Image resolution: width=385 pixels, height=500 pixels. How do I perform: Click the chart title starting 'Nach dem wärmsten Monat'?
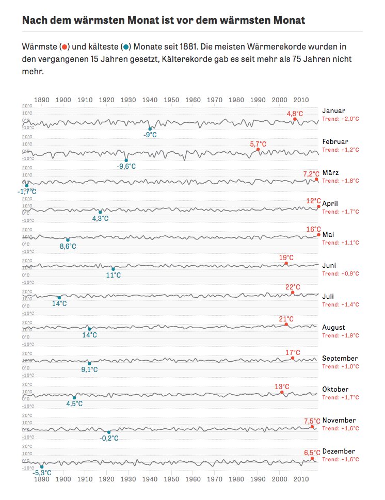164,20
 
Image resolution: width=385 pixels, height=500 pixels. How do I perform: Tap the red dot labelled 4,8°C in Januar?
295,119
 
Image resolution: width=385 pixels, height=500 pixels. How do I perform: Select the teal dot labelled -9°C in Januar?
150,129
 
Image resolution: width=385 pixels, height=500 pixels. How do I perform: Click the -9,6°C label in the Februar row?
126,166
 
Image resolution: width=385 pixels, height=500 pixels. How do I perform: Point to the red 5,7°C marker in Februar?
258,150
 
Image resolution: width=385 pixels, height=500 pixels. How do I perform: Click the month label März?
330,173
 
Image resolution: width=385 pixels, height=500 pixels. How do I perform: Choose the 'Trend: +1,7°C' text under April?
340,212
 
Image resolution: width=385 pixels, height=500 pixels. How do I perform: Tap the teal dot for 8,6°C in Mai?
68,240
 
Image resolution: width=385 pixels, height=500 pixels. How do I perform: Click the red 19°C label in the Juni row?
286,257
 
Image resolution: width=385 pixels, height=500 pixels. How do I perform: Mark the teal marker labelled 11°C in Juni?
114,269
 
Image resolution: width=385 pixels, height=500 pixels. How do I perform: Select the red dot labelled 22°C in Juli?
293,293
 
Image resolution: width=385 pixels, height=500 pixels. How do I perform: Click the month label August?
333,328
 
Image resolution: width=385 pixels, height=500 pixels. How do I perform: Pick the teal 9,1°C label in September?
90,370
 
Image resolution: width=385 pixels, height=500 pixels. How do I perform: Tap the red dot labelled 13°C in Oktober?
282,392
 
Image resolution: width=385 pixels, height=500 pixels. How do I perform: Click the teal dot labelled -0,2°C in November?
109,432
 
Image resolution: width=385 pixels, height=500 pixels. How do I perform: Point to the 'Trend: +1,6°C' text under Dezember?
340,459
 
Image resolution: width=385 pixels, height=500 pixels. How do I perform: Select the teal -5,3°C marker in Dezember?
42,466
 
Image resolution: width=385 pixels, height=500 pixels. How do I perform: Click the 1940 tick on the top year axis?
150,100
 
